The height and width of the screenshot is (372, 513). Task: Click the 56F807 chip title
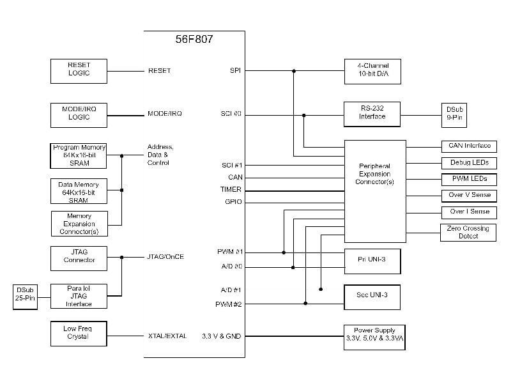click(x=194, y=39)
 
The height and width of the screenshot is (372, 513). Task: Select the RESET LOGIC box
click(x=79, y=70)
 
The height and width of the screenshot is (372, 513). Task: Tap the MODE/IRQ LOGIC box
click(x=79, y=114)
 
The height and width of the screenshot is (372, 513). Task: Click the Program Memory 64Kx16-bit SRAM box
click(x=79, y=155)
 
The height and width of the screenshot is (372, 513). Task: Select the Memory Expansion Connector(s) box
click(x=79, y=224)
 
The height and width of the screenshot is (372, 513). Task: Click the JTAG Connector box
click(x=79, y=257)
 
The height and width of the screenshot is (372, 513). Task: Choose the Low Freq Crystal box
click(x=79, y=333)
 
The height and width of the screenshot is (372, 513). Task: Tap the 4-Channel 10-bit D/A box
click(x=372, y=70)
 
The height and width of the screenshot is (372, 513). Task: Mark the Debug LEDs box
click(x=469, y=162)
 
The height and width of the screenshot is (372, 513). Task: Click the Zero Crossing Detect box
click(x=469, y=232)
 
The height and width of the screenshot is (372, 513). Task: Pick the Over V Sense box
click(x=469, y=195)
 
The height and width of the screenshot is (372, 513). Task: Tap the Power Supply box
click(x=374, y=336)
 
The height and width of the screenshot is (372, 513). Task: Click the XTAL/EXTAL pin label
click(x=167, y=336)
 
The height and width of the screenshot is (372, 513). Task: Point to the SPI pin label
click(x=234, y=70)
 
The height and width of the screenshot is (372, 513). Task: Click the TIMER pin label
click(x=231, y=190)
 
